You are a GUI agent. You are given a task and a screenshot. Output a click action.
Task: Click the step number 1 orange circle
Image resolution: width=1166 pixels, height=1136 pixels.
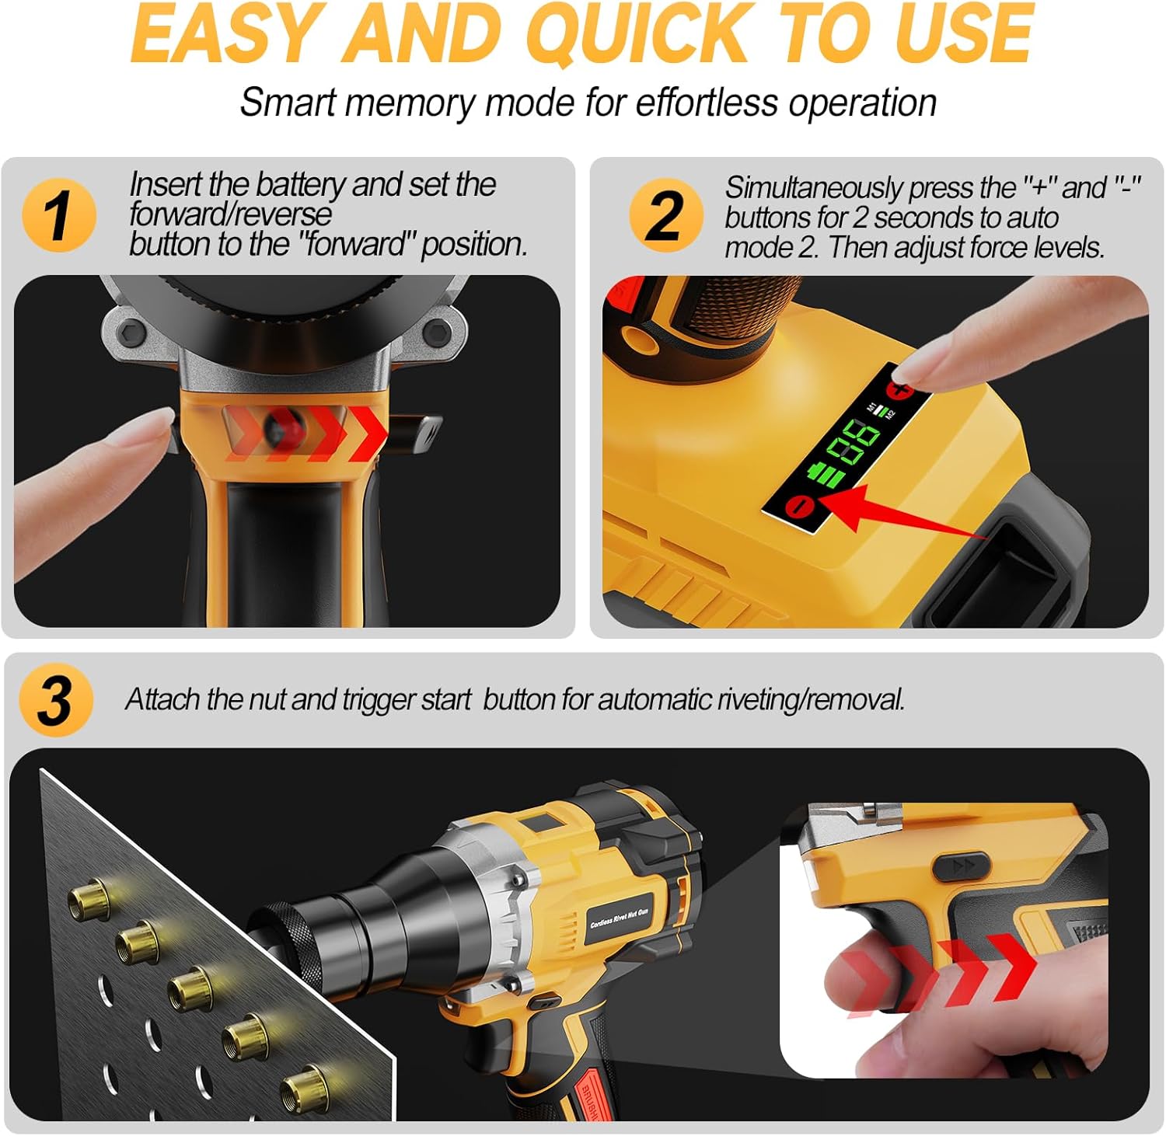click(58, 215)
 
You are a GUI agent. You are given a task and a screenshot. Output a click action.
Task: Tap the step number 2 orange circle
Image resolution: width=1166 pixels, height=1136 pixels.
click(665, 215)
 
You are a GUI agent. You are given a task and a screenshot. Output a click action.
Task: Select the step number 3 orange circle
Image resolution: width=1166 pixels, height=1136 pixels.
click(55, 700)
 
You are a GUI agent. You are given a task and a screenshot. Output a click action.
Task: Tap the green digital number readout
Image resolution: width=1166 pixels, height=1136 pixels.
click(853, 443)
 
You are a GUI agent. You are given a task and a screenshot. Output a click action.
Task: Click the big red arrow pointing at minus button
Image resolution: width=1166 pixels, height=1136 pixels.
click(894, 513)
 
